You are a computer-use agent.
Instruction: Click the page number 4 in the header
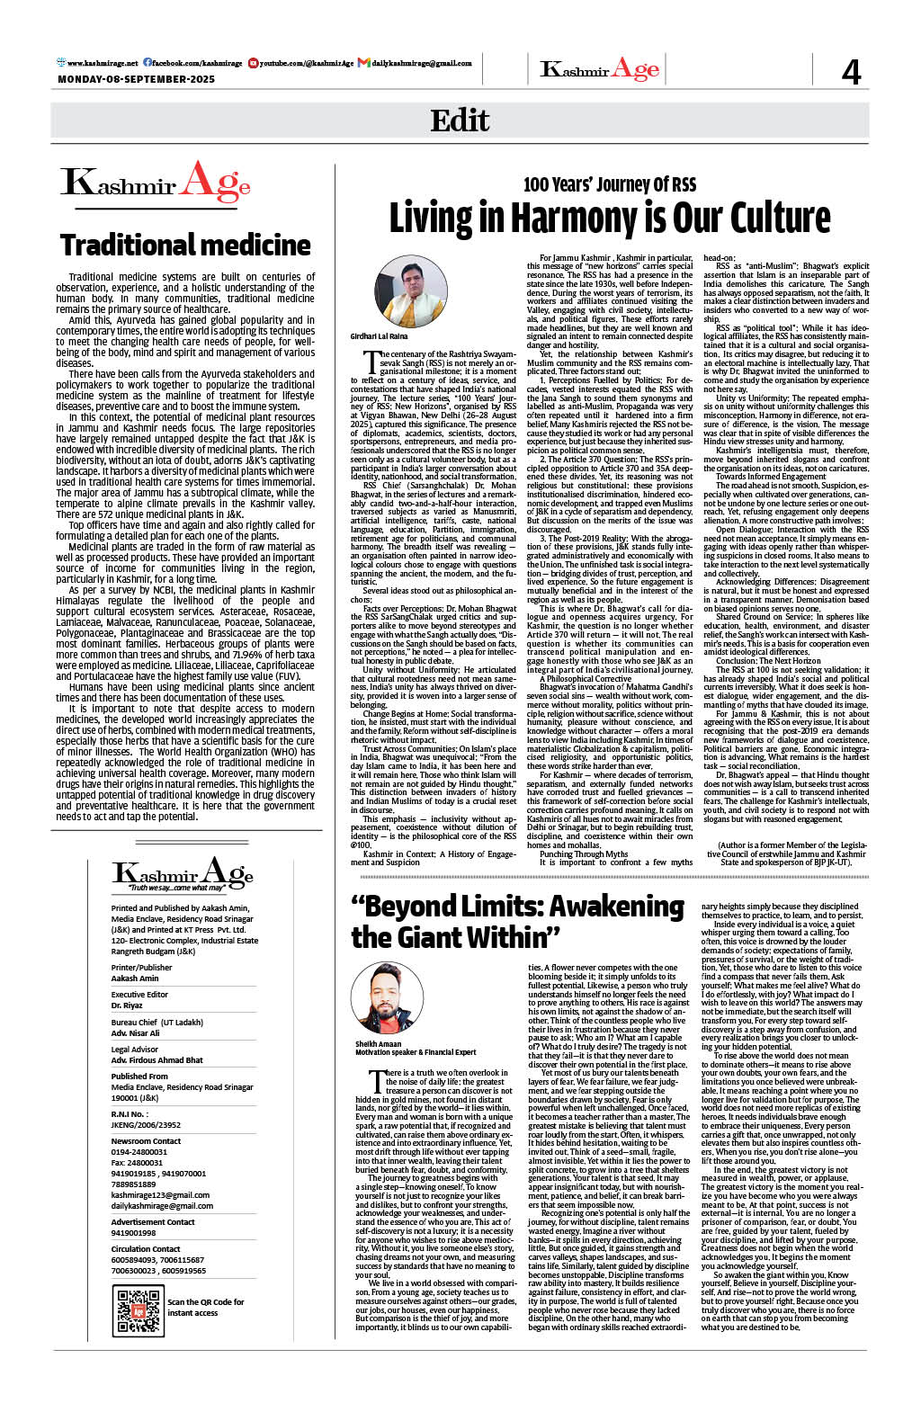[x=850, y=71]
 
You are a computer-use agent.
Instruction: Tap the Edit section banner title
[x=460, y=121]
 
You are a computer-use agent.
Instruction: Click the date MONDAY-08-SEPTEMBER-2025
[x=137, y=80]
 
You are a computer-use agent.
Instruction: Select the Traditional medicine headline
[x=185, y=245]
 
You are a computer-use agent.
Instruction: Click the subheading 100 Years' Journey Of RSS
[x=610, y=185]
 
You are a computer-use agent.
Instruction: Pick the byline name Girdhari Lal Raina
[x=379, y=336]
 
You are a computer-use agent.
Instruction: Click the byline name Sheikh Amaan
[x=378, y=1044]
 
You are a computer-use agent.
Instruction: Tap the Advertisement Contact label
[x=153, y=1222]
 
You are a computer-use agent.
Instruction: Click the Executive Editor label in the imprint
[x=139, y=995]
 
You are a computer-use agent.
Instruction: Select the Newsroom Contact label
[x=146, y=1141]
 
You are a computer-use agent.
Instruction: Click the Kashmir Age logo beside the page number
[x=600, y=70]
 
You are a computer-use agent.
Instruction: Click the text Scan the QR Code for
[x=205, y=1301]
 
